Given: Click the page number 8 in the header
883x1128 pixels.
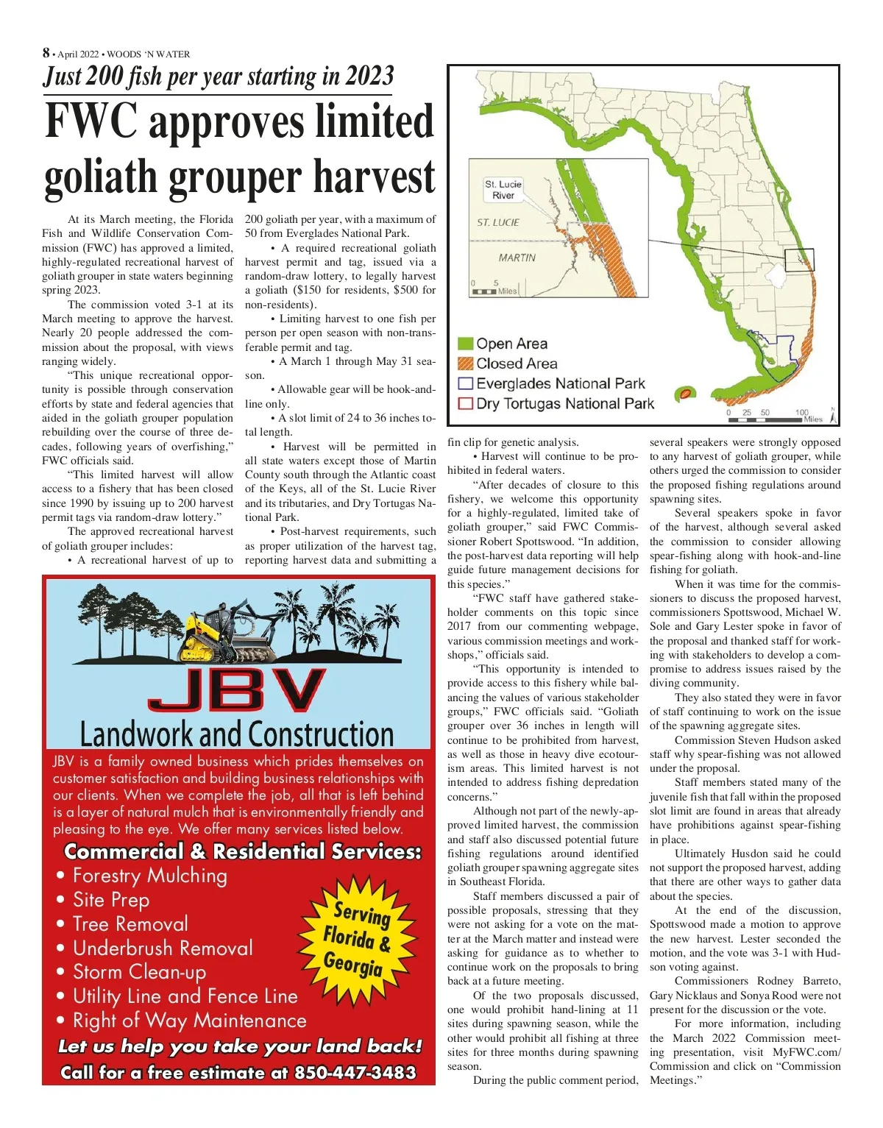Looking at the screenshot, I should tap(46, 53).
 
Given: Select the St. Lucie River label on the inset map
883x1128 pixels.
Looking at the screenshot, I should tap(503, 190).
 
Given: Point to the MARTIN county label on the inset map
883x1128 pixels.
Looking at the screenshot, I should tap(517, 258).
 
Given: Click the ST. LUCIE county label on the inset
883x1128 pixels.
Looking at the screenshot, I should tap(498, 222).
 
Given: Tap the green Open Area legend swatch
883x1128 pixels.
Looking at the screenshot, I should tap(465, 344).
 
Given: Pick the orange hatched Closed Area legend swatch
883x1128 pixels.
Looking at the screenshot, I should tap(465, 363).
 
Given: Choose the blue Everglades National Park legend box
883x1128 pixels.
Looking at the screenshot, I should tap(465, 383).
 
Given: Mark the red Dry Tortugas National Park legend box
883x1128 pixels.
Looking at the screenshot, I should tap(465, 403).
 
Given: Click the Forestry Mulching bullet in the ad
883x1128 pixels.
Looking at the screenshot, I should tap(150, 876).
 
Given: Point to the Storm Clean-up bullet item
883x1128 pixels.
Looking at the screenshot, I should tap(140, 972).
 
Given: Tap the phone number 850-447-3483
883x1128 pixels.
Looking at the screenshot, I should tap(355, 1073).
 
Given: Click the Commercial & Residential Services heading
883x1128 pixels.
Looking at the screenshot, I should tap(243, 851).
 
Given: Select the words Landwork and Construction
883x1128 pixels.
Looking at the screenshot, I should tap(237, 734).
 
